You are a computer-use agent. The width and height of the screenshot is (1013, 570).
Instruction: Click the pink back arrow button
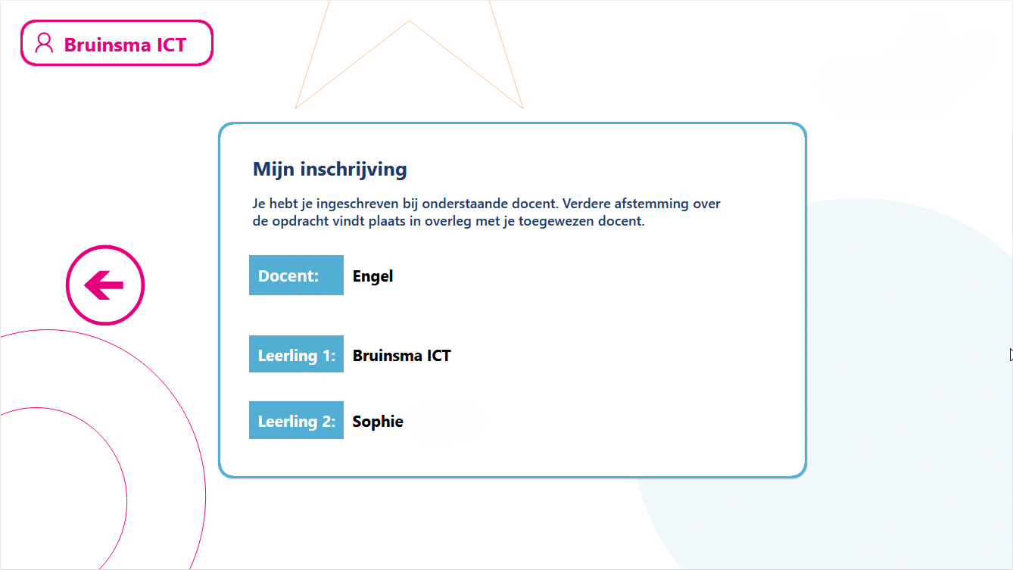[105, 285]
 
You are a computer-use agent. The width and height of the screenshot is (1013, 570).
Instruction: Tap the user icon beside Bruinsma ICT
[45, 43]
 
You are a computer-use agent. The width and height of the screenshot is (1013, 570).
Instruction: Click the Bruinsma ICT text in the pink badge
[125, 45]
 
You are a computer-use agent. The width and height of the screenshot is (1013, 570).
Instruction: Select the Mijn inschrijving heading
[329, 169]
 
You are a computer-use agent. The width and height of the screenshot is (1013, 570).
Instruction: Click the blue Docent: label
[296, 276]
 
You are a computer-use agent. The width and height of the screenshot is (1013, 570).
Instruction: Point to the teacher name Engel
[372, 276]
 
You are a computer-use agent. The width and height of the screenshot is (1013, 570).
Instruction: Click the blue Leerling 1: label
[296, 354]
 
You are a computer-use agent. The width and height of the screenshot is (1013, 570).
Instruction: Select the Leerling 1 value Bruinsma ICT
[401, 355]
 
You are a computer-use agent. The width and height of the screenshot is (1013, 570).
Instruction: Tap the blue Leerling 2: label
[296, 420]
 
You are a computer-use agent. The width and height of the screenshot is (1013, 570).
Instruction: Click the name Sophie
[378, 422]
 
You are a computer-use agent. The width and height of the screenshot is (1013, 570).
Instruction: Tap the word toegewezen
[556, 222]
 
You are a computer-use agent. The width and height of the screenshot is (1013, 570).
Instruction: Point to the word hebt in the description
[283, 204]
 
